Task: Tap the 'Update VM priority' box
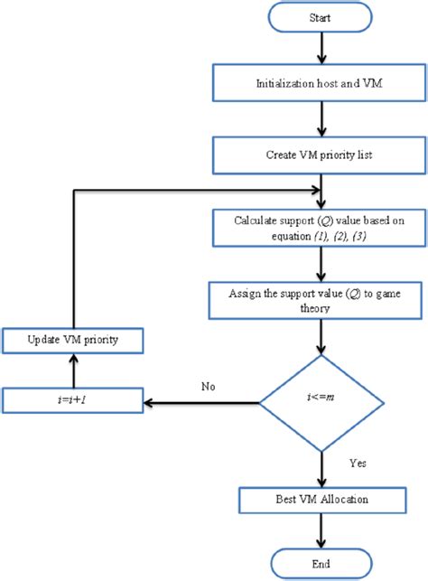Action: pyautogui.click(x=73, y=341)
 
